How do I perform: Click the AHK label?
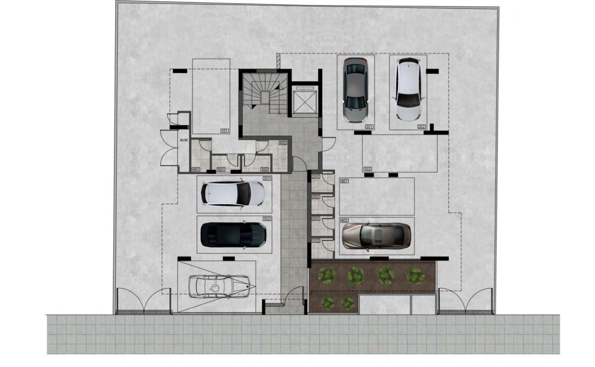click(x=183, y=141)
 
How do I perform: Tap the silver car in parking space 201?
click(x=356, y=89)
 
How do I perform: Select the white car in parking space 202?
click(x=408, y=88)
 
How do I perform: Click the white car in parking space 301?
click(x=233, y=193)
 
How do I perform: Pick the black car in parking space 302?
click(x=233, y=235)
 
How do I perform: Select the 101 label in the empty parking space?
click(x=225, y=131)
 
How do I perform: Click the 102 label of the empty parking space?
click(x=368, y=169)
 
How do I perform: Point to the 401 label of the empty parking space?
click(x=344, y=181)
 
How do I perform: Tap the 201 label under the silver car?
click(x=369, y=127)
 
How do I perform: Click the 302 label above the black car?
click(x=267, y=219)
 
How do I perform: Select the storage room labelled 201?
click(x=321, y=182)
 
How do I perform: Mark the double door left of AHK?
click(x=169, y=148)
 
